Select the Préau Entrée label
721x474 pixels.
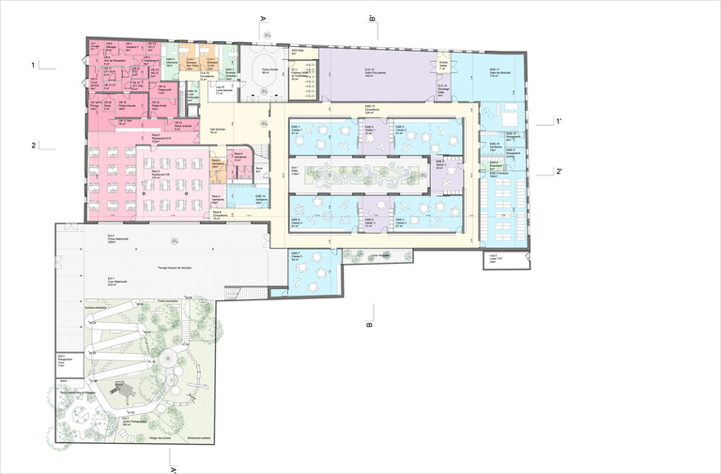271,72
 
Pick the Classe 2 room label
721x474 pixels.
399,129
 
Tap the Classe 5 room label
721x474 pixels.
399,222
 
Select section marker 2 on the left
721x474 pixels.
33,145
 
